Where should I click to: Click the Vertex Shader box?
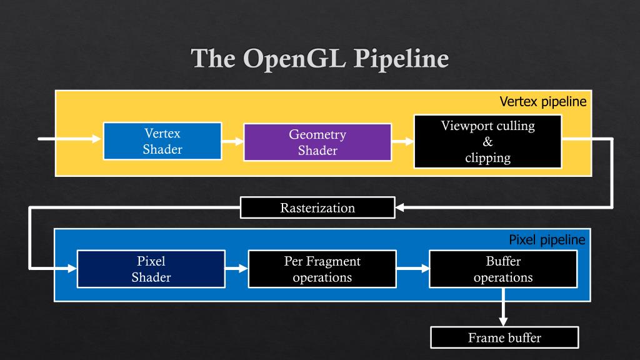coord(162,141)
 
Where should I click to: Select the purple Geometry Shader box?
coord(317,142)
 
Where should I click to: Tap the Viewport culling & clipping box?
coord(487,142)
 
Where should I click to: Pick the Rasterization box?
coord(317,207)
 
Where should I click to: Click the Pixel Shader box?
coord(151,269)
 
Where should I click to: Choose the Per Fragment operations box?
coord(322,269)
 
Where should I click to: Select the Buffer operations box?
coord(503,269)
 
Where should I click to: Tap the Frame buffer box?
coord(504,337)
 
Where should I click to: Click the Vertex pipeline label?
coord(543,101)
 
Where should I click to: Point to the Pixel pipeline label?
coord(547,239)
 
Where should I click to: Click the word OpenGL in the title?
coord(295,59)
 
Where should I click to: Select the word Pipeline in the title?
coord(401,59)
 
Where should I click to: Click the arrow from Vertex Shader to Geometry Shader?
coord(232,141)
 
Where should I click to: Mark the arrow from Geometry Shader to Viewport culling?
coord(403,142)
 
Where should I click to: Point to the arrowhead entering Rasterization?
coord(400,207)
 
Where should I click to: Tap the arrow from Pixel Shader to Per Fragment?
coord(237,269)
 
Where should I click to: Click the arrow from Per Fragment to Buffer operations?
coord(413,269)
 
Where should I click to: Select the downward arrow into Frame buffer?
coord(503,307)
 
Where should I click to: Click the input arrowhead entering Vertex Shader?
coord(97,139)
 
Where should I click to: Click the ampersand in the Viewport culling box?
coord(487,142)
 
